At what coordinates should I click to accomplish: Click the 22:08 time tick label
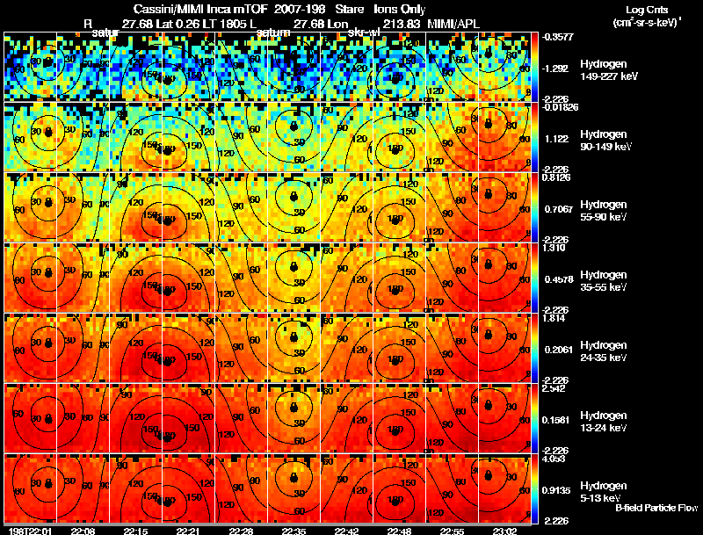(83, 530)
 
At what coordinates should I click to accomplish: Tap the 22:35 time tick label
(294, 530)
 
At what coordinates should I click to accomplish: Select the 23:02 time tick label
(506, 530)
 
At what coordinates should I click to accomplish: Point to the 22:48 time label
(400, 530)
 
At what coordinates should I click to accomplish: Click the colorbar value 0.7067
(557, 208)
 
